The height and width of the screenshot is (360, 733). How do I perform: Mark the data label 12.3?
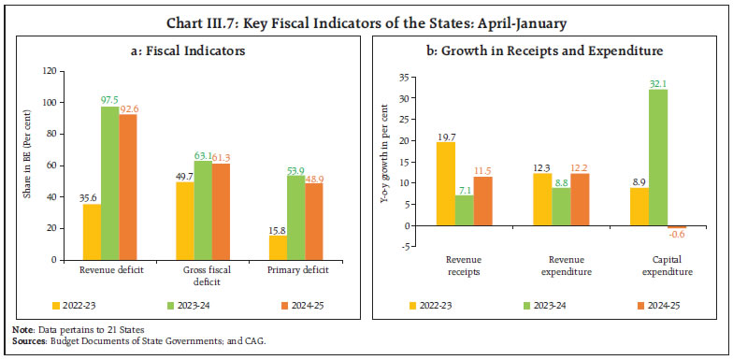540,166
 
